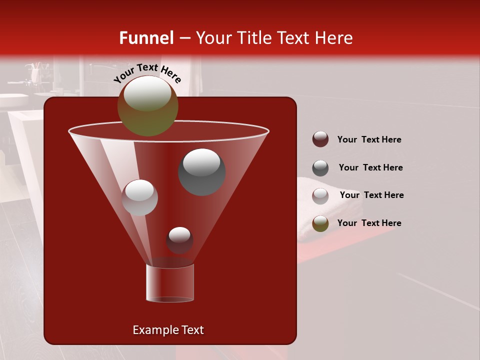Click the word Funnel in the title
coord(146,38)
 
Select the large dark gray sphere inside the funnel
coord(201,172)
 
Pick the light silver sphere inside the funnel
coord(139,197)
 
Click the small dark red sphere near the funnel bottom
coord(179,241)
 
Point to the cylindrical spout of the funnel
coord(170,283)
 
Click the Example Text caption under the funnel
coord(168,330)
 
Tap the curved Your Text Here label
coord(147,73)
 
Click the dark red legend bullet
coord(320,139)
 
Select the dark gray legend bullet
coord(320,168)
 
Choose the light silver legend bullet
coord(320,195)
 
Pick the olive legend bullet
coord(320,223)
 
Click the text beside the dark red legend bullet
coord(369,139)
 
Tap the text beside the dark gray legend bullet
coord(370,167)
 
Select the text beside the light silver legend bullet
coord(371,195)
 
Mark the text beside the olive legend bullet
coord(369,223)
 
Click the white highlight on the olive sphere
coord(147,93)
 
